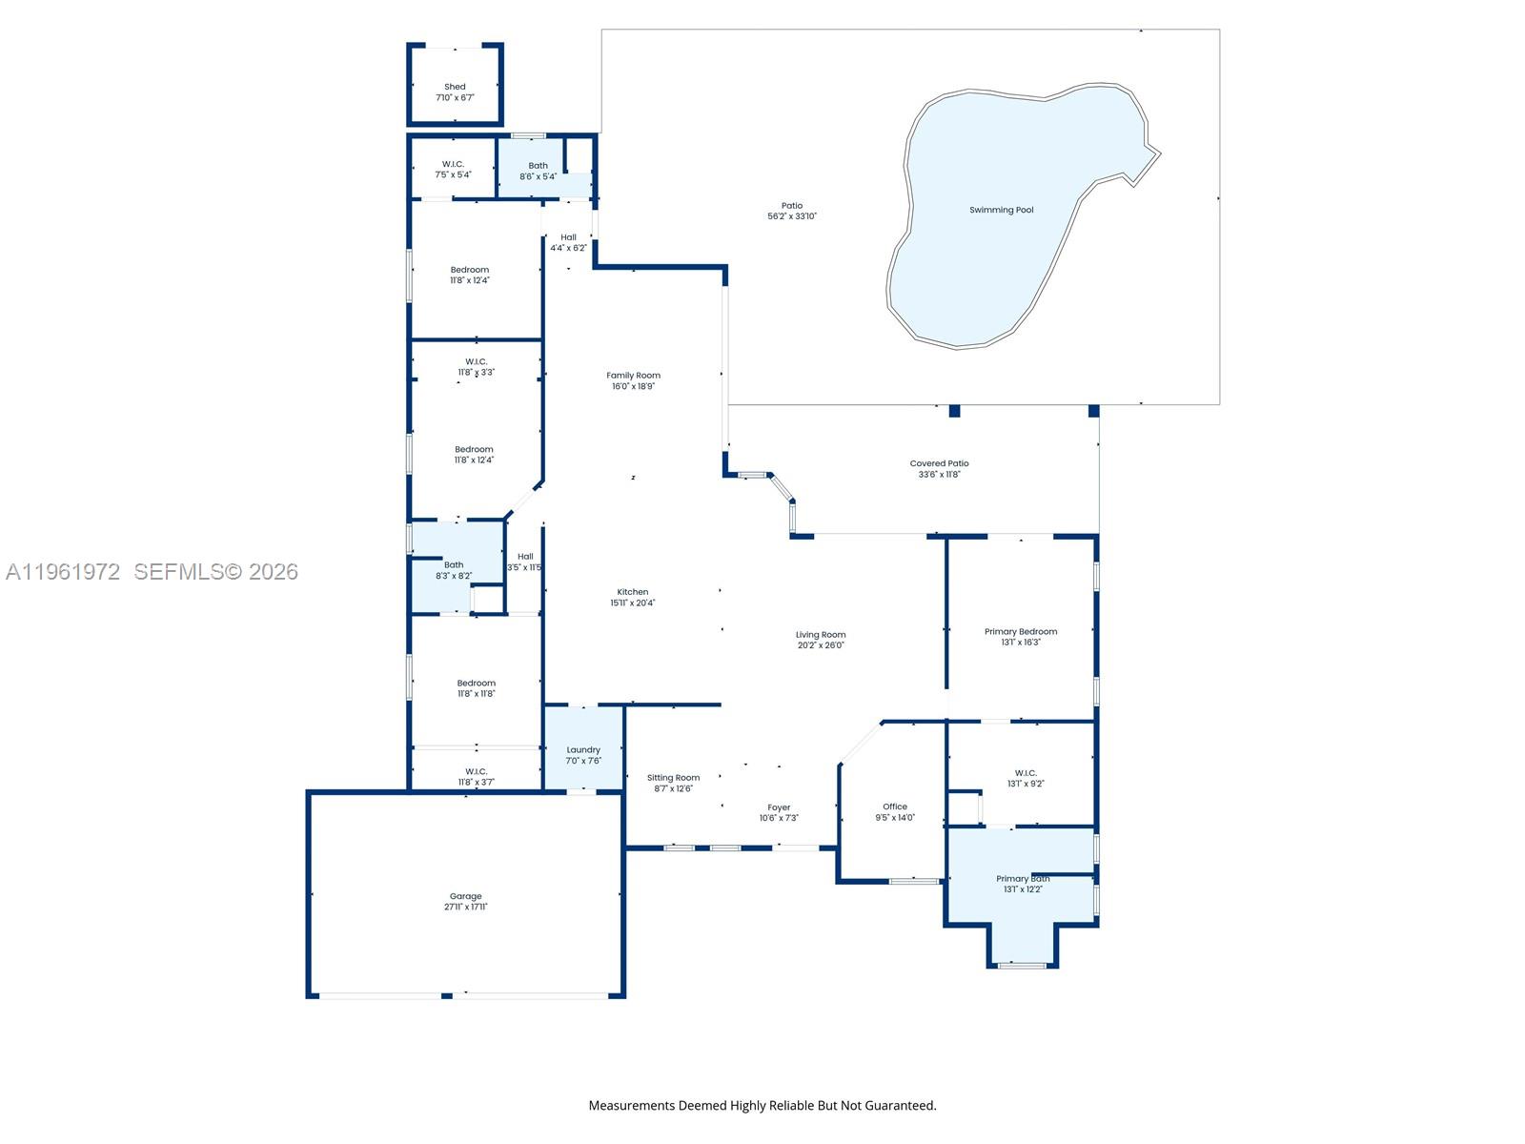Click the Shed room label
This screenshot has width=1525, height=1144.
click(x=455, y=87)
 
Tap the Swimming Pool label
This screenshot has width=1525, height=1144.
click(x=1001, y=210)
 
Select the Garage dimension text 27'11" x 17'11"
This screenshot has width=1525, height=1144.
click(x=465, y=908)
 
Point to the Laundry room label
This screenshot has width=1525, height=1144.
click(x=583, y=750)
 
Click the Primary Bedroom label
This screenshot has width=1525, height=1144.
click(x=1020, y=632)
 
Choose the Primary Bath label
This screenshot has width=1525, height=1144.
click(x=1022, y=879)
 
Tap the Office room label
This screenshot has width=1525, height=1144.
click(x=894, y=807)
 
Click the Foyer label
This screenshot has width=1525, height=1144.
click(x=779, y=807)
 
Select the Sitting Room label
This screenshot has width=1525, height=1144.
click(x=673, y=778)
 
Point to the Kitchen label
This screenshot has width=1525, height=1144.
click(x=632, y=592)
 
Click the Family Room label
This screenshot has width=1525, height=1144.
click(x=633, y=376)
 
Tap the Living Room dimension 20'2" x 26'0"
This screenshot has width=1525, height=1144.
click(x=821, y=645)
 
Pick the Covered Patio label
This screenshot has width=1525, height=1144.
click(x=939, y=464)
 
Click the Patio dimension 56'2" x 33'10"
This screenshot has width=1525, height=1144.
click(x=792, y=216)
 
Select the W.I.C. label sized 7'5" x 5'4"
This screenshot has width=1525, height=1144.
click(x=453, y=164)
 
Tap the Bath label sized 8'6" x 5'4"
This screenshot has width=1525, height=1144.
click(x=538, y=166)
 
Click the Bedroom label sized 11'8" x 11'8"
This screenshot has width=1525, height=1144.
click(x=476, y=684)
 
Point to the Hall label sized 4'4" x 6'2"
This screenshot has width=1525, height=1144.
click(x=568, y=237)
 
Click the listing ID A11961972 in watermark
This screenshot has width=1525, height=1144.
click(x=63, y=572)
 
